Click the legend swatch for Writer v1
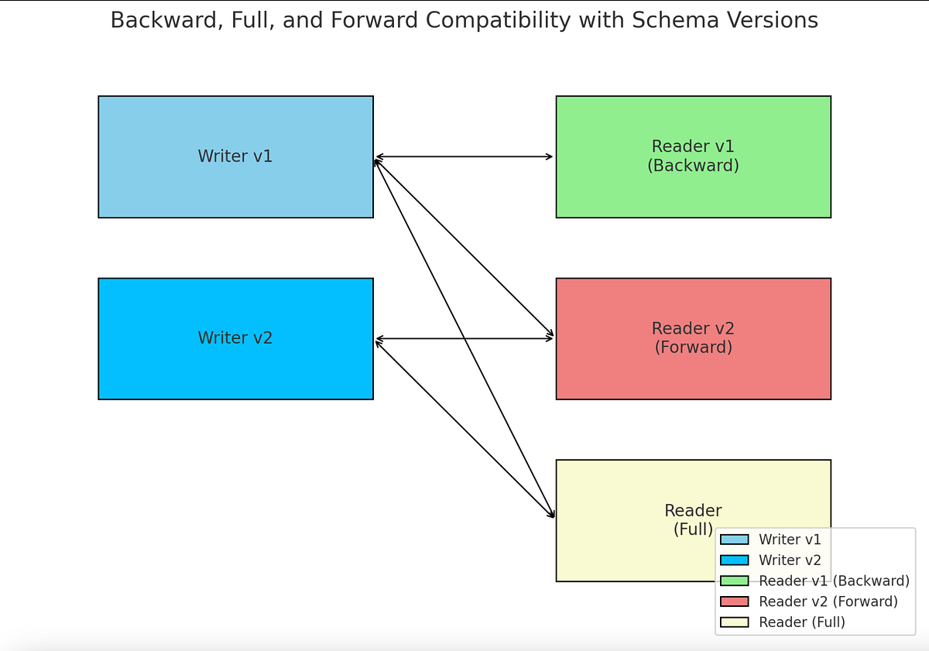point(734,540)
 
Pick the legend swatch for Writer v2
point(734,560)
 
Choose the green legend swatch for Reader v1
point(734,581)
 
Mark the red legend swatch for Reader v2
point(734,601)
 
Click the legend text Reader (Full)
point(802,622)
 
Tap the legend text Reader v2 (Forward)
point(828,601)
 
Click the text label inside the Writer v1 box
point(235,156)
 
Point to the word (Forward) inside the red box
point(693,348)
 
